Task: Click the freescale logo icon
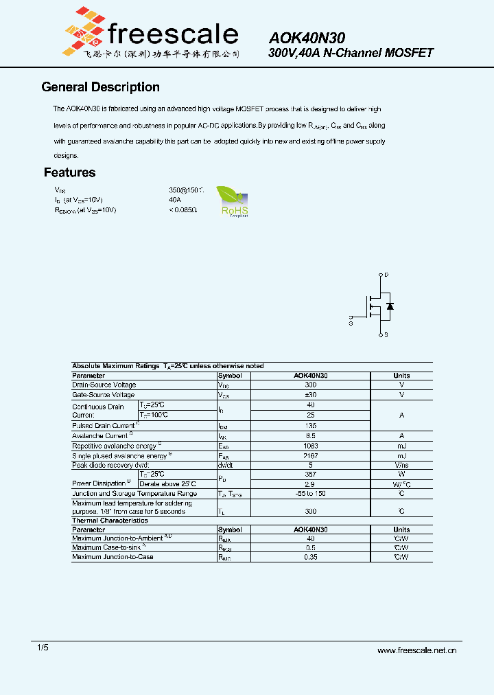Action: pos(85,30)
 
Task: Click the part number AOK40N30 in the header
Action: pos(307,38)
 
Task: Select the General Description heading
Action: pos(100,87)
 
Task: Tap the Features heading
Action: pos(69,172)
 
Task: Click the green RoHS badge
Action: pos(233,201)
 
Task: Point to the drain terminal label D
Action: pos(386,275)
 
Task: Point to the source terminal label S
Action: pos(386,334)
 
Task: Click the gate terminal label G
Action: pos(351,320)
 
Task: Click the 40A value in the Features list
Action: pos(175,200)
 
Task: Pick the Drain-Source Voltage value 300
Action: pos(310,385)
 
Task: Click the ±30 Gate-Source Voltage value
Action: pos(310,396)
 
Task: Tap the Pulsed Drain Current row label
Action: pos(103,426)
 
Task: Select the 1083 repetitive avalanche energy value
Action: pos(310,446)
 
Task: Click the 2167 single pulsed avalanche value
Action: pos(310,456)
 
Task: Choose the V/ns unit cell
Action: pos(401,466)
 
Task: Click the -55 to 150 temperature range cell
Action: pos(310,494)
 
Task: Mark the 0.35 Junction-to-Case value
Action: pos(310,557)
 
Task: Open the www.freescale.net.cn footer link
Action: pos(416,650)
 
